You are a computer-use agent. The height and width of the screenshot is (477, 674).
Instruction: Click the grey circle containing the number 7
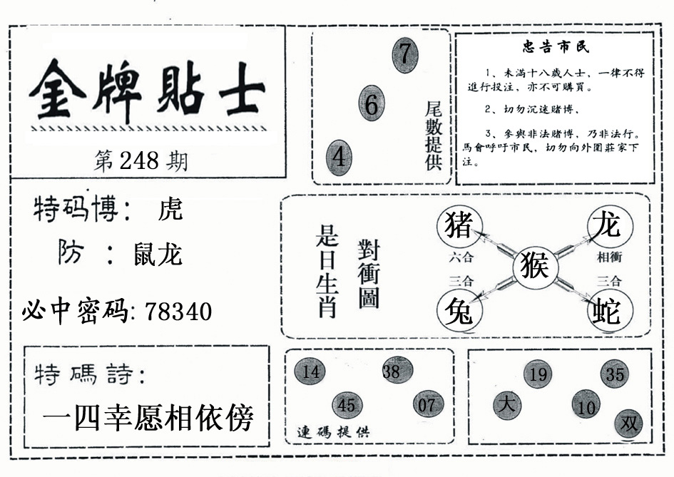tap(405, 55)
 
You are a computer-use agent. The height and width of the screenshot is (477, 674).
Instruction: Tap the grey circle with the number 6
tap(372, 103)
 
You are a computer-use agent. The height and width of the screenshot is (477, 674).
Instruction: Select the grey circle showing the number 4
tap(339, 158)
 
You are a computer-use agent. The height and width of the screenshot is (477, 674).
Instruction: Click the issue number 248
tap(139, 160)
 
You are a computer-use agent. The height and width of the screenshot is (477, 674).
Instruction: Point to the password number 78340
tap(178, 312)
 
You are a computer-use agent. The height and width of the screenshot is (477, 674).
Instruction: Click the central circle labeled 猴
tap(535, 267)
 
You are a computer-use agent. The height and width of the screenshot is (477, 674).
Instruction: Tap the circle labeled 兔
tap(459, 310)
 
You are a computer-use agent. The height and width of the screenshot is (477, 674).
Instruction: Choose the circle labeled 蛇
tap(610, 310)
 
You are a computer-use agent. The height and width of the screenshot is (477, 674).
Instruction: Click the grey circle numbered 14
tap(310, 371)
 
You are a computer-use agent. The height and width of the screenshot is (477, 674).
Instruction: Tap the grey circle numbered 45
tap(347, 405)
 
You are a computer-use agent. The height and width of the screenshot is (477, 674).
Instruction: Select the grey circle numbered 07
tap(428, 404)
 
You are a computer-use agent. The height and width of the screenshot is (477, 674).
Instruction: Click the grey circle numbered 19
tap(538, 374)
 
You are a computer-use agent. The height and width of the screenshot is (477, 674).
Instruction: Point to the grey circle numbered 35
tap(615, 374)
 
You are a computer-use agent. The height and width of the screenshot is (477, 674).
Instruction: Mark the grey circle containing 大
tap(507, 405)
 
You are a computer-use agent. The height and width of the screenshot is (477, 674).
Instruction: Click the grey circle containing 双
tap(628, 424)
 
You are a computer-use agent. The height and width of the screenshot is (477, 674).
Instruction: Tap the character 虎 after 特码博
tap(170, 209)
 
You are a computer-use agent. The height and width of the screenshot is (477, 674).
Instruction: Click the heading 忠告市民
tap(556, 46)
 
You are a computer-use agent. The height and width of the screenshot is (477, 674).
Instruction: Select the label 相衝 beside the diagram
tap(610, 257)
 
